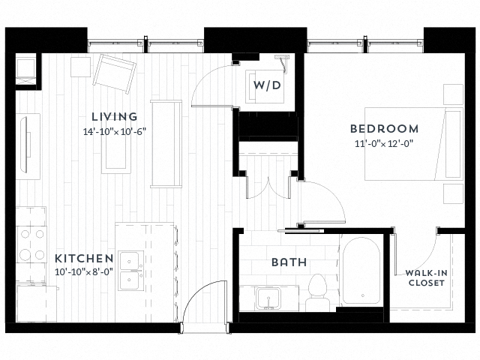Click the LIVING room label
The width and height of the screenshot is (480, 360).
tap(115, 116)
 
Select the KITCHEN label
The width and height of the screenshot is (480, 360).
tap(84, 257)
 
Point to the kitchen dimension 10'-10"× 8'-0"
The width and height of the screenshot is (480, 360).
tap(84, 271)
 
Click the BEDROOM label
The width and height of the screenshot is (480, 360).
tap(384, 128)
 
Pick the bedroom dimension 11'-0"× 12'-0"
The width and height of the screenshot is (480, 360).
tap(384, 143)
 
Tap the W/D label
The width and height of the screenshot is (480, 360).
tap(266, 85)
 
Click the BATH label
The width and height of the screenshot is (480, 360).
tap(288, 262)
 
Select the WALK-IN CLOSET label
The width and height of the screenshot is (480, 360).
tap(426, 277)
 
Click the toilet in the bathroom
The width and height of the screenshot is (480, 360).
tap(318, 292)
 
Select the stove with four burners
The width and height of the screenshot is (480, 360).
tap(31, 244)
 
